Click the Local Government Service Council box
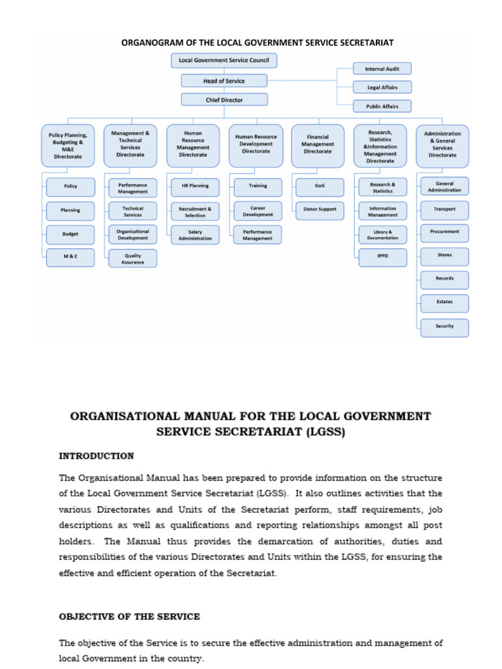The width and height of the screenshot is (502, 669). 224,61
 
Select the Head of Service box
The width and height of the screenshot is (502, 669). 224,80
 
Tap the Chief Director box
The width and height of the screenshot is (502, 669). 224,100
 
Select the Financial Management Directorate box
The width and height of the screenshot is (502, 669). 318,144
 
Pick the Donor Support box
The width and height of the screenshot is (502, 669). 320,209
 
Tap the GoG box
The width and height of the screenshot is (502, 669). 320,186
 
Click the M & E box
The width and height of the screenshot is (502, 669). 71,257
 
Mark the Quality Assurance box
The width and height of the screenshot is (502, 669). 133,259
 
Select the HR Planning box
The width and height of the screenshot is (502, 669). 195,186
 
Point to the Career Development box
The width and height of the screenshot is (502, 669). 258,210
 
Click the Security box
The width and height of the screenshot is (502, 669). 444,327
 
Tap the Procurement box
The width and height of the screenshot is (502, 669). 444,232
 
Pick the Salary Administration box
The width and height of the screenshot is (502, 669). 195,235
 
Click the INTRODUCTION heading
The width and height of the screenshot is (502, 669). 96,456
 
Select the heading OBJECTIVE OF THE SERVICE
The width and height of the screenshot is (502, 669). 129,616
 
